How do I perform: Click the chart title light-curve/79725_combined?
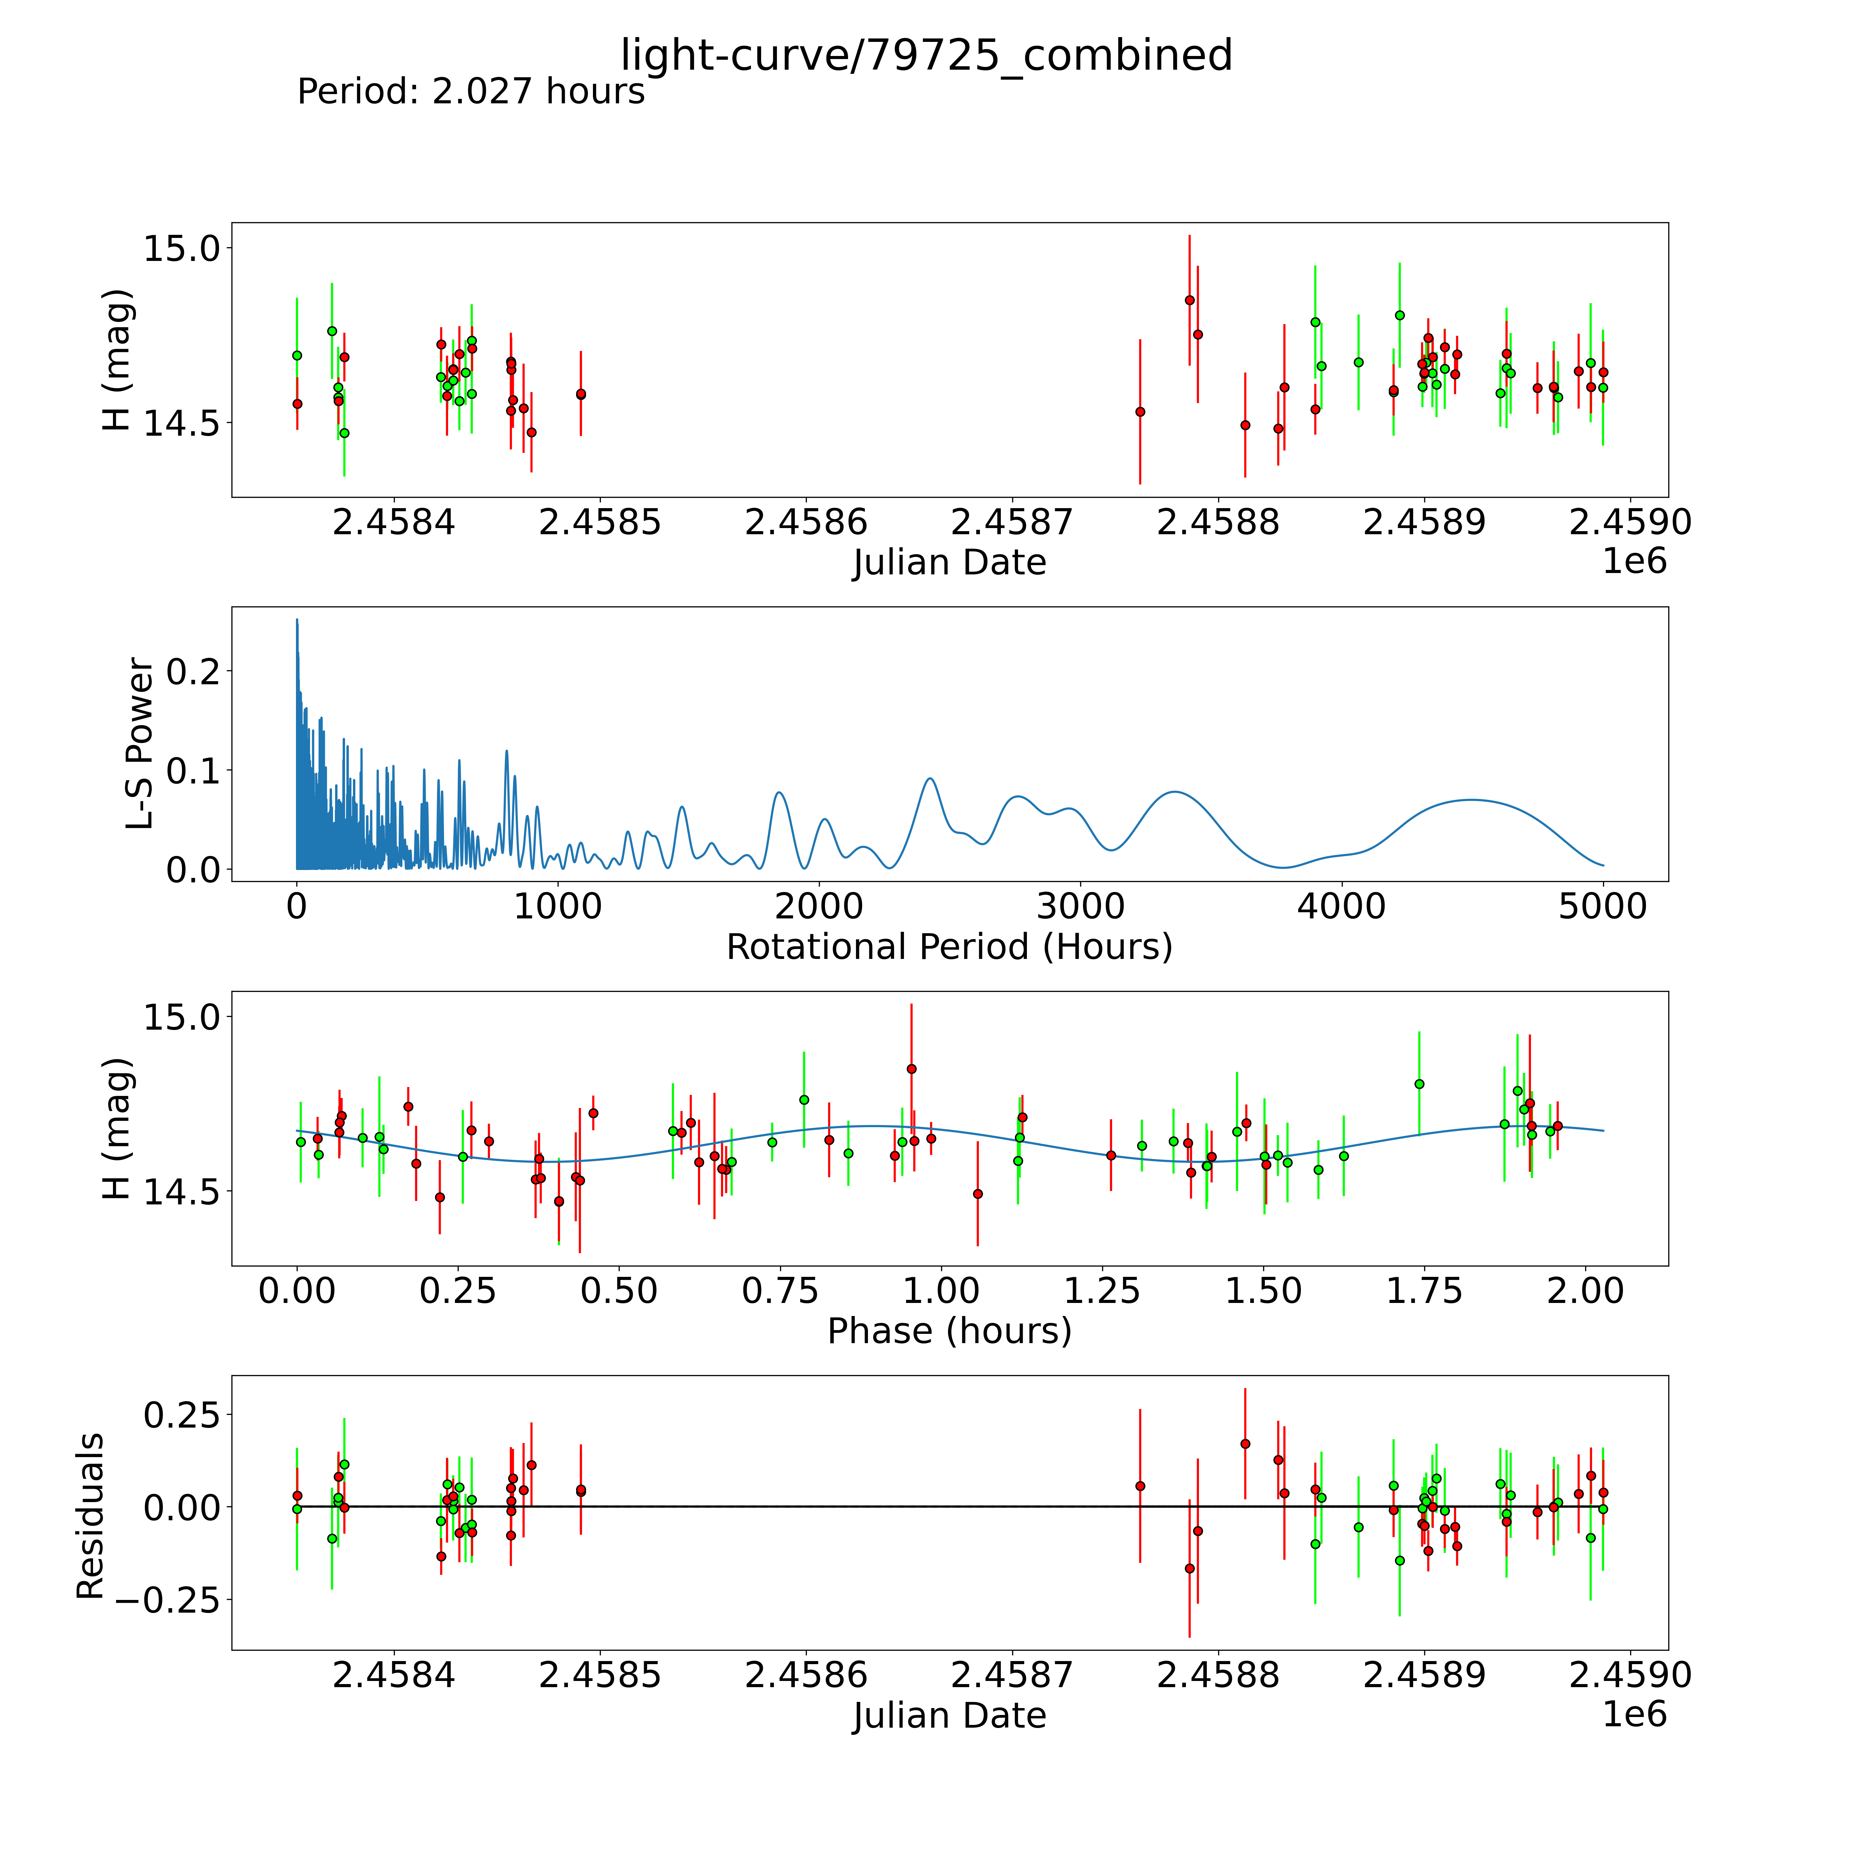click(926, 56)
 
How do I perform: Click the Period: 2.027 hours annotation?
click(470, 92)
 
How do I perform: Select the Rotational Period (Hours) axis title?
click(949, 947)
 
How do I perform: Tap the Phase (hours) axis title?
click(949, 1331)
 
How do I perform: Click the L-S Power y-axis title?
click(140, 744)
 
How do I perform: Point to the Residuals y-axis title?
click(90, 1516)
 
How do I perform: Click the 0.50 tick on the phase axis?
click(619, 1291)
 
